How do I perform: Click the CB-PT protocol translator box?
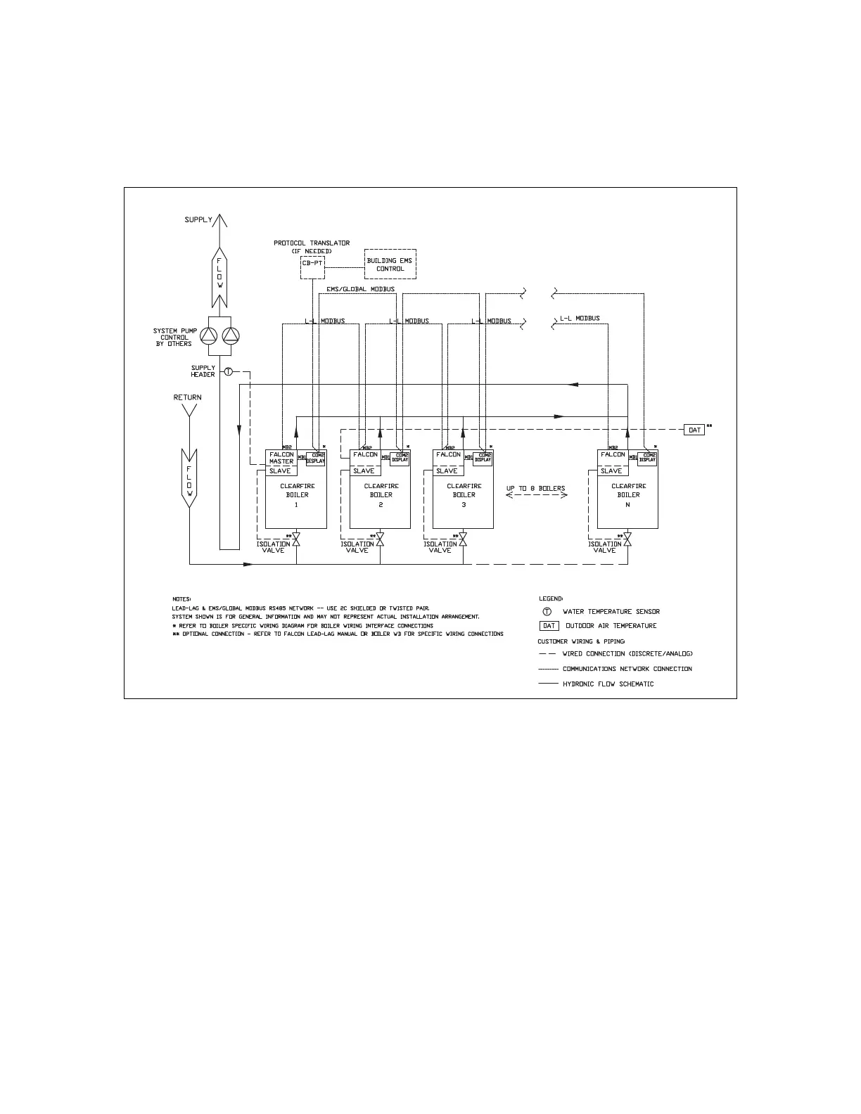312,263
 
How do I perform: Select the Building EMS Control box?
390,264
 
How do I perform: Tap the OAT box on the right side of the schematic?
694,430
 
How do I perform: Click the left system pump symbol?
209,336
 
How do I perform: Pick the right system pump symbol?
230,336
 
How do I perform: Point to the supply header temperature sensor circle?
228,371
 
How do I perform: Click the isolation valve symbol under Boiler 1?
296,540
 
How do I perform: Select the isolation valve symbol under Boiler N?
627,540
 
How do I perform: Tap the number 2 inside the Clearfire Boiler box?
381,505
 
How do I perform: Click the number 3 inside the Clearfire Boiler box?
464,505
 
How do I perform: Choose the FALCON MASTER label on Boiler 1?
281,458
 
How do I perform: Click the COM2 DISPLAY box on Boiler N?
647,458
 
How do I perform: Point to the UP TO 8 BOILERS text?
535,488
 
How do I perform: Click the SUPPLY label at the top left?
198,220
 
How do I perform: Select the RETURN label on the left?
187,397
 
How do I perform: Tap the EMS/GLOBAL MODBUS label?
360,289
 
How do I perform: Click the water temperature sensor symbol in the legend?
547,612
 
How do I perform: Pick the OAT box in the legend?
549,626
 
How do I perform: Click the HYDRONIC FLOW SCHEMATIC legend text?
608,684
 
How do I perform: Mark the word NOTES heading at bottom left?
181,599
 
